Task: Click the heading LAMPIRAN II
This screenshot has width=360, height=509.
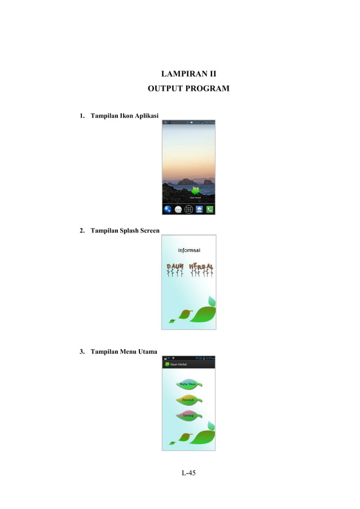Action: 188,73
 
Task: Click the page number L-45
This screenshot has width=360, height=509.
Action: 188,472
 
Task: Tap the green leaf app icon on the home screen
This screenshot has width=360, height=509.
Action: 196,191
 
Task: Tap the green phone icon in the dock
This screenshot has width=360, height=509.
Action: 210,209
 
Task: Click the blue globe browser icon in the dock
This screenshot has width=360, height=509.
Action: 168,209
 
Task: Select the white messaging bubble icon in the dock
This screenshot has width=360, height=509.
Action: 178,209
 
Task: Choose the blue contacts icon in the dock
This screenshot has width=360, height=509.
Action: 199,209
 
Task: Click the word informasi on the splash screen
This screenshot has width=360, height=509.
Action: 188,250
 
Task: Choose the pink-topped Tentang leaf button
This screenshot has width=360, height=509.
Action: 188,415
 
